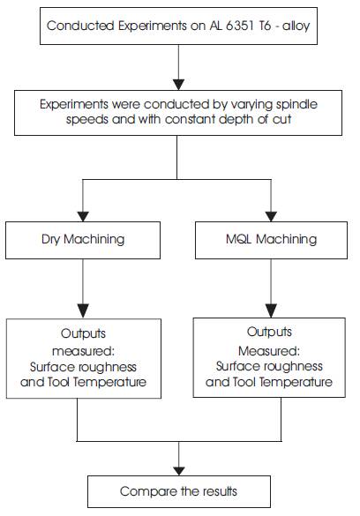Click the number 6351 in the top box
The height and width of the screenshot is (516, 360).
[240, 26]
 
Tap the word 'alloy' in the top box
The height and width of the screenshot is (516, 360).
[296, 26]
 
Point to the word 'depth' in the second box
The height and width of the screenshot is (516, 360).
[236, 119]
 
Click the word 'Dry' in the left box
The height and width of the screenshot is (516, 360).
[50, 239]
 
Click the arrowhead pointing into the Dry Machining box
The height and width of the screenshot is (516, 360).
[83, 216]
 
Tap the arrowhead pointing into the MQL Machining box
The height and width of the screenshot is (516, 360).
[271, 216]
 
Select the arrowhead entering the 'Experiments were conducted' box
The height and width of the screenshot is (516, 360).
[179, 85]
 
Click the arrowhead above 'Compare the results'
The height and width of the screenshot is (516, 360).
[179, 471]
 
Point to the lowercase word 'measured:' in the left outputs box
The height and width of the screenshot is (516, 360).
[83, 351]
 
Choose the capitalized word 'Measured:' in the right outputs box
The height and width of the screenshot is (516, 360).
[269, 351]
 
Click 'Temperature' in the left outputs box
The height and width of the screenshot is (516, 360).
[109, 382]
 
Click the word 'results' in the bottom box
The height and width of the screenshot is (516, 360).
[220, 491]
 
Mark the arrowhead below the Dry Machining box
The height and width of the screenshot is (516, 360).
[83, 310]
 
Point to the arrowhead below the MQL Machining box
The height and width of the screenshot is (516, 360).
[271, 310]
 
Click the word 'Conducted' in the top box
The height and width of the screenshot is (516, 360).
[80, 26]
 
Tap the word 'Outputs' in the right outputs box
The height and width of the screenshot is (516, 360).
[269, 332]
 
